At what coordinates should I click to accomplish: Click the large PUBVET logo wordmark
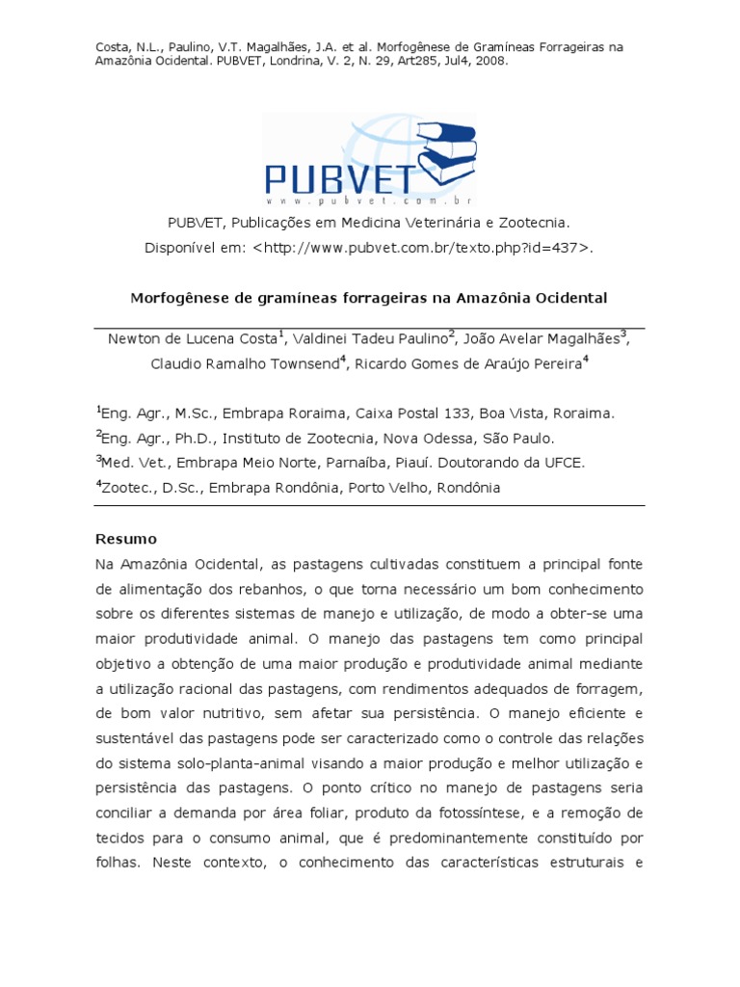pos(340,179)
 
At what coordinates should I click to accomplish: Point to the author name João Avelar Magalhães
pos(541,338)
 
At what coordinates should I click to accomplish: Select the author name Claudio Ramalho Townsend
pos(244,364)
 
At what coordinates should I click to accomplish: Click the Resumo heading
pos(125,539)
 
